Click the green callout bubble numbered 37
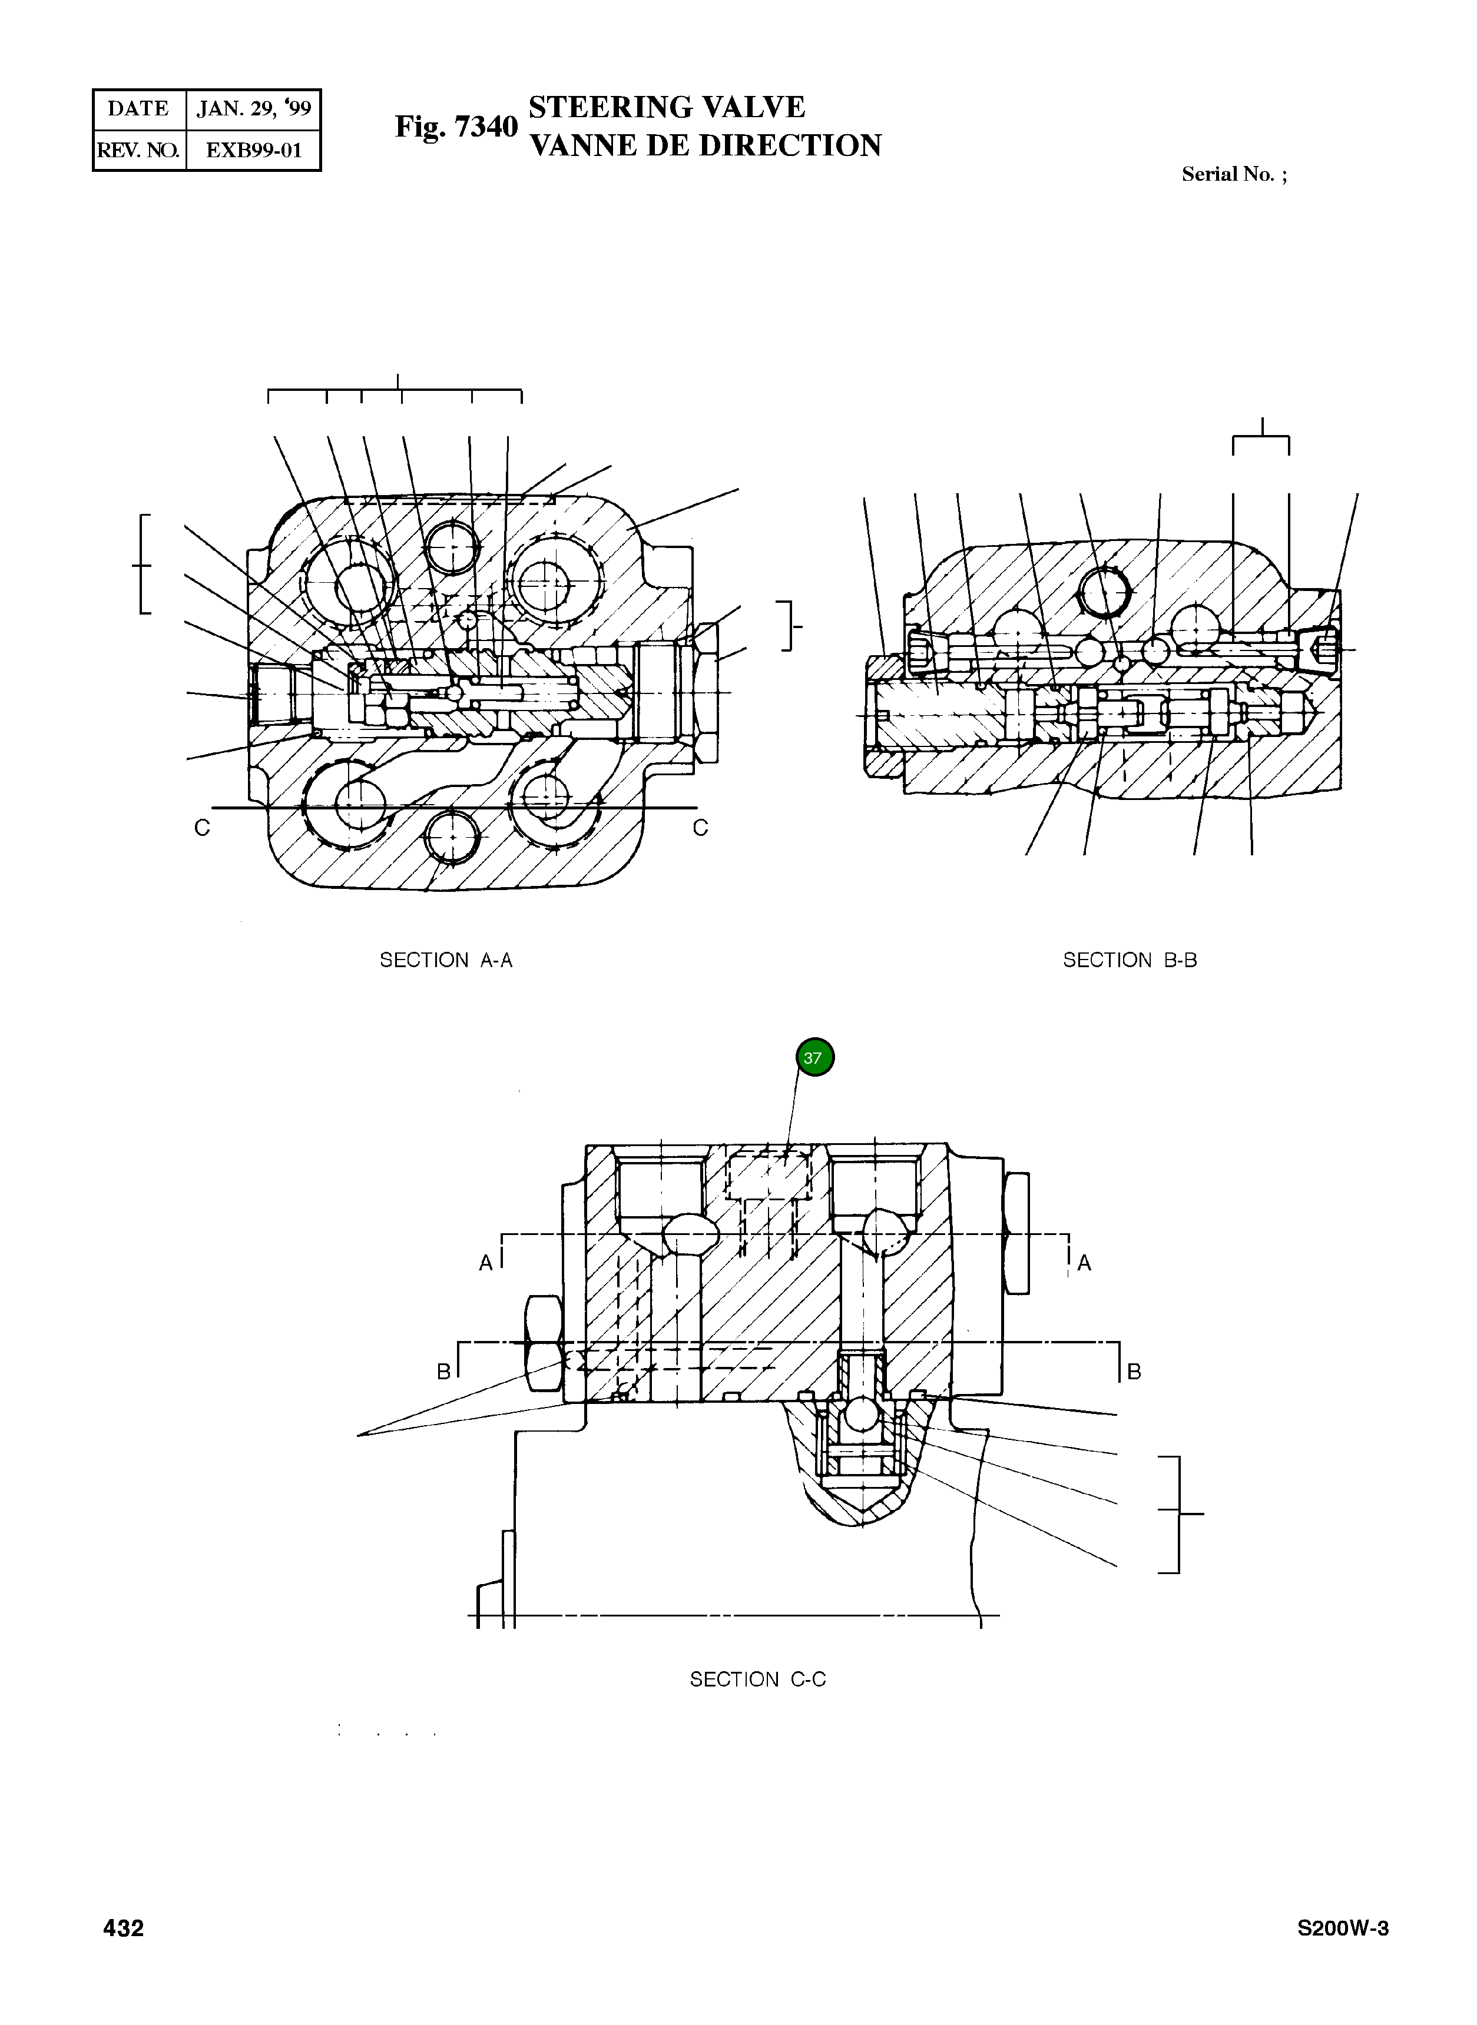(814, 1057)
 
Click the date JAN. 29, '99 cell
(253, 109)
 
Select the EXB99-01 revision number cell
(253, 150)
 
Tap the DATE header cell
(138, 109)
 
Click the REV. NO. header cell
(138, 150)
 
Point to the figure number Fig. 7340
(456, 127)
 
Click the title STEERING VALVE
(667, 107)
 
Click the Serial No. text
(1234, 174)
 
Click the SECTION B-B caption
(1129, 960)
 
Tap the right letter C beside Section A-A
(700, 828)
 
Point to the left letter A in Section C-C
(485, 1263)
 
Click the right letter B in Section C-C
(1134, 1371)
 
